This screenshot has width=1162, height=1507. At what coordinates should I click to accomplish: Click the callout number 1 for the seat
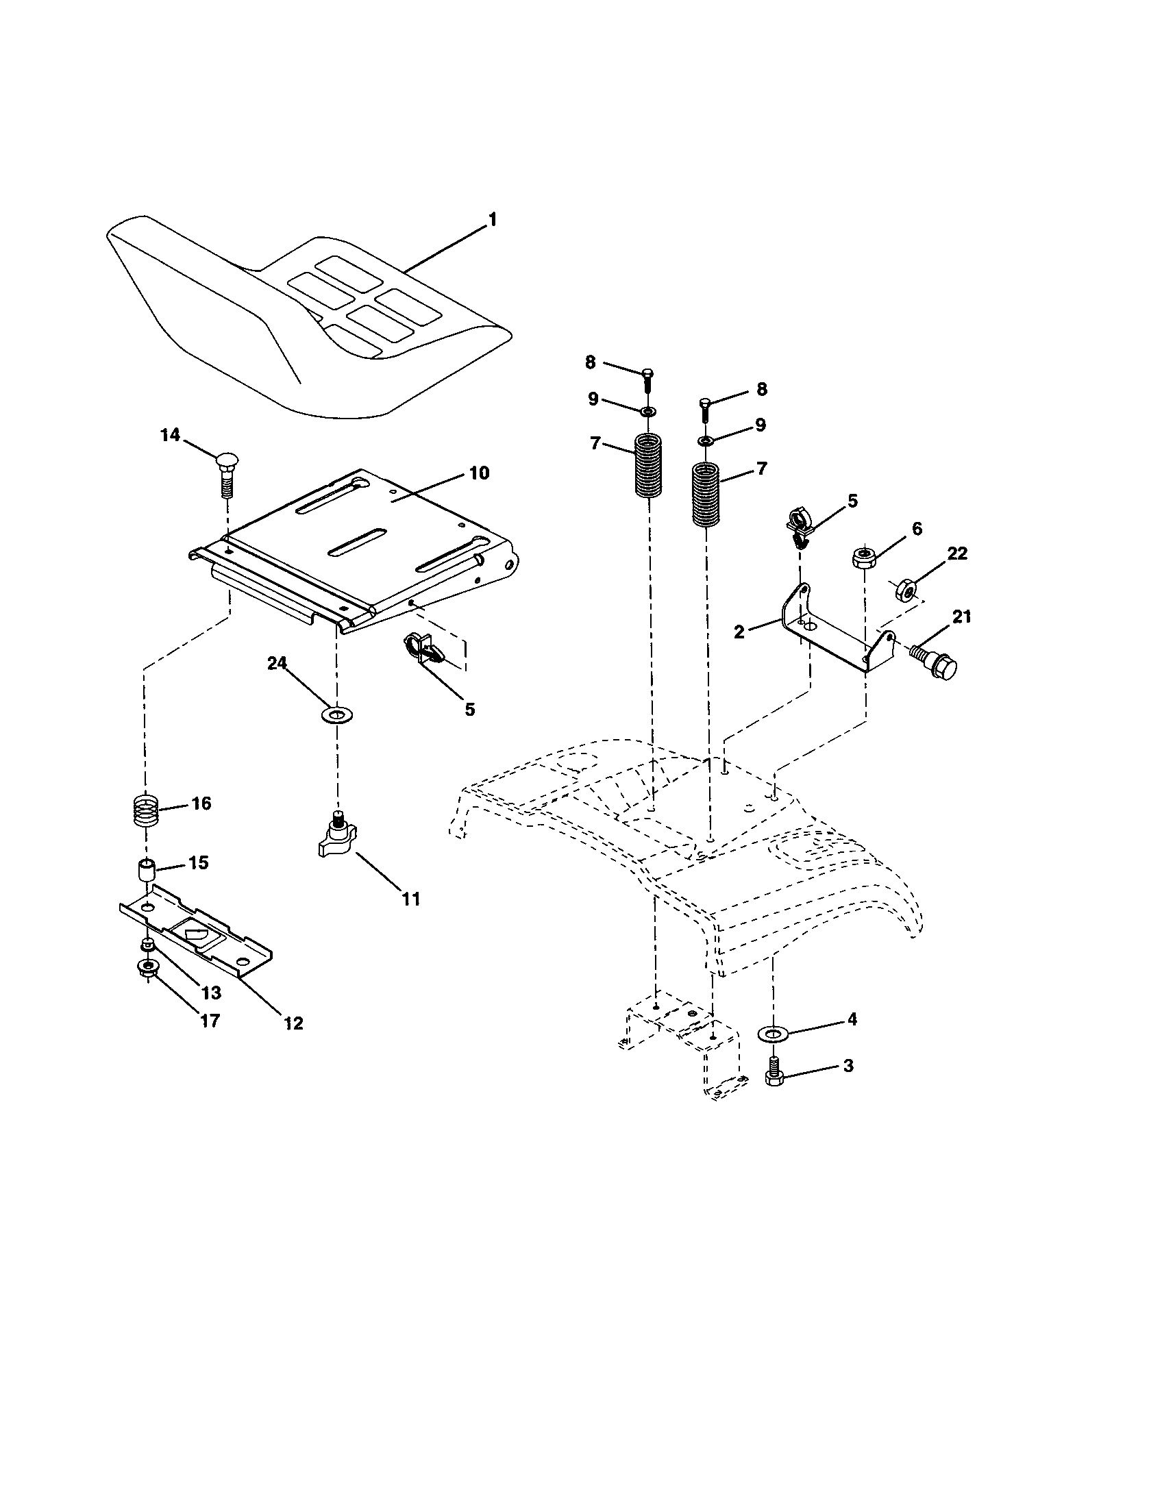492,219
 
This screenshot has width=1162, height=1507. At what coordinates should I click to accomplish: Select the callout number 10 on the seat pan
479,473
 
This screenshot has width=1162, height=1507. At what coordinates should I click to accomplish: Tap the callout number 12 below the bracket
293,1023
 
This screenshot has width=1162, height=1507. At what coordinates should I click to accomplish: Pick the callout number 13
211,993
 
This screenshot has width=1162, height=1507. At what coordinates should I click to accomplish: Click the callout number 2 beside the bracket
739,632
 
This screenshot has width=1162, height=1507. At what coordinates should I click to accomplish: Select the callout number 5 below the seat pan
469,709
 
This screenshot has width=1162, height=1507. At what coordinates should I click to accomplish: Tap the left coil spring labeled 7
648,464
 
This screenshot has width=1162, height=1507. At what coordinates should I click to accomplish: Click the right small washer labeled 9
704,440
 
